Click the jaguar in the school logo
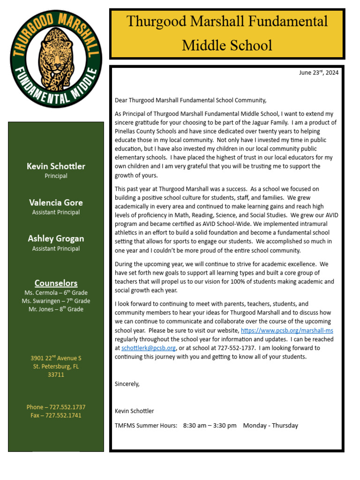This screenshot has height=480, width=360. pos(56,56)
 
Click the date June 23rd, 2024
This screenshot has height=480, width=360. pos(319,73)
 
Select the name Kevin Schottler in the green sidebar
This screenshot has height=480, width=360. pos(56,166)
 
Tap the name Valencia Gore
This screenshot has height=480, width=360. pos(56,202)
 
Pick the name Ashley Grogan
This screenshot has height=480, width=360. pos(56,239)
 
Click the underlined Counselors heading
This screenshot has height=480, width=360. pos(56,283)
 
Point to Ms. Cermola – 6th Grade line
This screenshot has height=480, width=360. pos(56,292)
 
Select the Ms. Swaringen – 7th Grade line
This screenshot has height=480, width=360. pos(56,301)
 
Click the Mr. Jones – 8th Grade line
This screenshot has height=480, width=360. pos(56,309)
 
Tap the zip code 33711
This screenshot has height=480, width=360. pos(56,375)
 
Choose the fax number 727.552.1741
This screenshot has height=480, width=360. pos(63,416)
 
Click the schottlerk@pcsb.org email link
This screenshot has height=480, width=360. pos(149,348)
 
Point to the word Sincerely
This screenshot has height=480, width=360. pos(127,384)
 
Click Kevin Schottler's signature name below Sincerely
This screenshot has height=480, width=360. pos(134,411)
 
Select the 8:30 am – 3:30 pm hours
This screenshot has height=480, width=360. pos(210,426)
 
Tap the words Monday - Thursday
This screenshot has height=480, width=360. pos(270,426)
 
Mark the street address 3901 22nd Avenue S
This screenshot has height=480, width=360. pos(56,359)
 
